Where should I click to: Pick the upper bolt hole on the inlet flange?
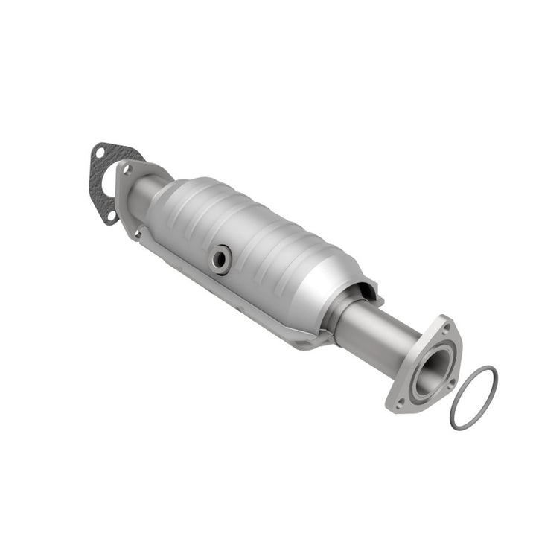[127, 170]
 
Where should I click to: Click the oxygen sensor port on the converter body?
[221, 259]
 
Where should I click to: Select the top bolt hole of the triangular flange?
[445, 325]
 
